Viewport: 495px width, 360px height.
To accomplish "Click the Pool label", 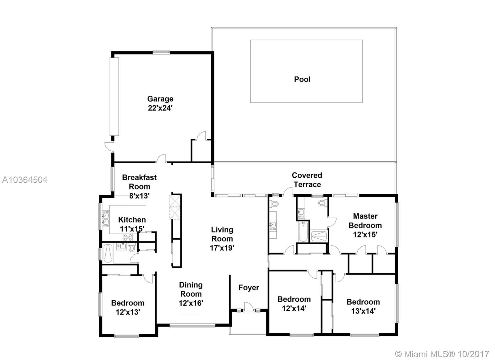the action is pyautogui.click(x=302, y=79).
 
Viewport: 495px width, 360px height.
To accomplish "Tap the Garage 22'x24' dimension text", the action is pyautogui.click(x=160, y=108).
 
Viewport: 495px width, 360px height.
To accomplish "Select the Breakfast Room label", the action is pyautogui.click(x=140, y=182).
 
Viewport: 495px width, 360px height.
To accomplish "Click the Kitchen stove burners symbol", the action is pyautogui.click(x=128, y=237).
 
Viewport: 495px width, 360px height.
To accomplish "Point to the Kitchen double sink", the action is pyautogui.click(x=105, y=218).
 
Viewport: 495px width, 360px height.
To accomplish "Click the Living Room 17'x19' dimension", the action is pyautogui.click(x=222, y=248).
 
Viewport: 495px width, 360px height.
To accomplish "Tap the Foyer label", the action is pyautogui.click(x=249, y=288).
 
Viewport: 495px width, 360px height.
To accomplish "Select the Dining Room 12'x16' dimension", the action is pyautogui.click(x=191, y=303).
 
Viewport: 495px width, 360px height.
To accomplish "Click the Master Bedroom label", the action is pyautogui.click(x=365, y=221).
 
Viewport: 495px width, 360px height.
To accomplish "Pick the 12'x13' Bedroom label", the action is pyautogui.click(x=128, y=303).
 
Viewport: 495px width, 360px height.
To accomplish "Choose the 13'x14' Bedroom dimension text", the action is pyautogui.click(x=363, y=311).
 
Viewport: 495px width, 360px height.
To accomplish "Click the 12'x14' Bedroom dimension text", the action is pyautogui.click(x=294, y=308).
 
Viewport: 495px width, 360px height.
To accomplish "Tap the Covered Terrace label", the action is pyautogui.click(x=307, y=180).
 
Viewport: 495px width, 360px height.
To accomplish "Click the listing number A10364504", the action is pyautogui.click(x=25, y=180).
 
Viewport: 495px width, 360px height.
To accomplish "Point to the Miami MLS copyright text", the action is pyautogui.click(x=442, y=354).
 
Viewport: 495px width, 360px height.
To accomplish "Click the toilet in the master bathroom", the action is pyautogui.click(x=322, y=202).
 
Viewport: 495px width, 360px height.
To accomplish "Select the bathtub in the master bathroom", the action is pyautogui.click(x=303, y=232).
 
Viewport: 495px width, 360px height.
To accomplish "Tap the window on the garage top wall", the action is pyautogui.click(x=161, y=52).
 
